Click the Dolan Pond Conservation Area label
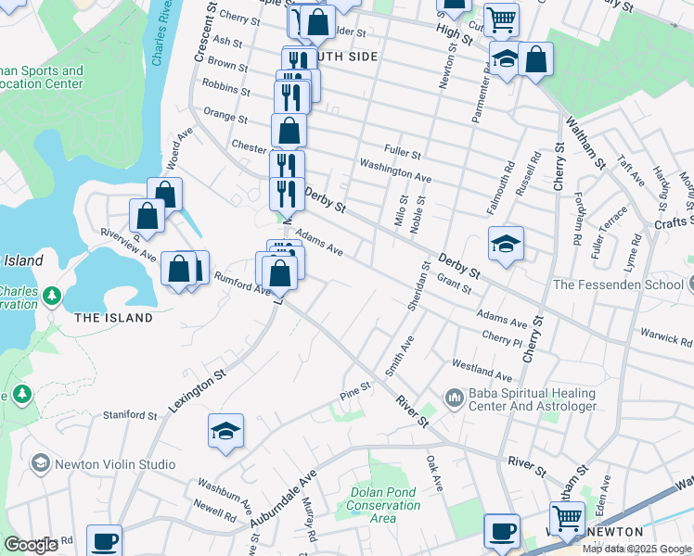(x=384, y=505)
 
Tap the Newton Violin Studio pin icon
(x=40, y=462)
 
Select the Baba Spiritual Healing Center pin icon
(x=454, y=398)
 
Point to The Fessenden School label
(x=618, y=284)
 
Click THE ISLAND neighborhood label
(x=113, y=318)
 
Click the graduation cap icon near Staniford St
(x=225, y=431)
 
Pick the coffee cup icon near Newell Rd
(x=104, y=540)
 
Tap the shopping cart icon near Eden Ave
(x=567, y=517)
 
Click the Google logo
(x=32, y=545)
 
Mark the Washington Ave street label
(x=395, y=171)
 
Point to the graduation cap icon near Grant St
(x=507, y=245)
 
